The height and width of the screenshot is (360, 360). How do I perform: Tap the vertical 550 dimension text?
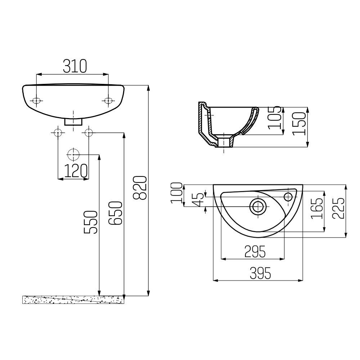tap(91, 222)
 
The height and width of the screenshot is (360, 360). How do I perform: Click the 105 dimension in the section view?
tap(275, 117)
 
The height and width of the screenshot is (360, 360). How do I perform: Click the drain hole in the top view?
tap(258, 206)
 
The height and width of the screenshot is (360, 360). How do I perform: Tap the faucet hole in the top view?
tap(288, 196)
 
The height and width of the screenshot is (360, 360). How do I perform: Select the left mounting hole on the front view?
tap(37, 101)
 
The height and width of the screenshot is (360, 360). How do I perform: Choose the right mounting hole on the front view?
tap(108, 101)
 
